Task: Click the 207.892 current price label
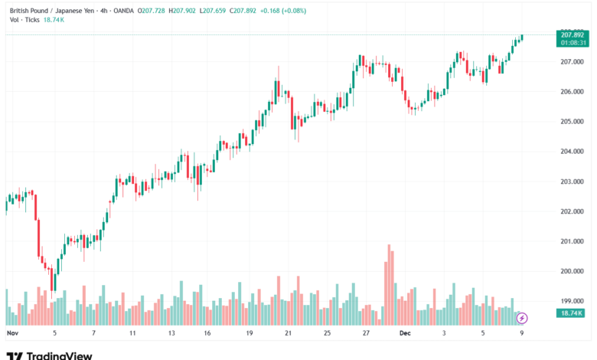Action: pos(573,34)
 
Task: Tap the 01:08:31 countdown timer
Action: pos(573,43)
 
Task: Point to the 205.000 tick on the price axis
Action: pos(572,122)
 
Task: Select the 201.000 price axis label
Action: pos(572,242)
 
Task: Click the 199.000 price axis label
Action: pos(572,302)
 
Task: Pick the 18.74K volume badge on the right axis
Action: pos(572,313)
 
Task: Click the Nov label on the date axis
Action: pos(11,334)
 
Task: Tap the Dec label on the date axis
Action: pos(405,334)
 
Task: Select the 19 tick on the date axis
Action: pos(250,334)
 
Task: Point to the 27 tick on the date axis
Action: pos(367,334)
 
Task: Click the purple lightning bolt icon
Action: pos(522,317)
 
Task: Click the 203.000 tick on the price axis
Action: pos(572,182)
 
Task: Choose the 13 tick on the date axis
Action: pos(171,334)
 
